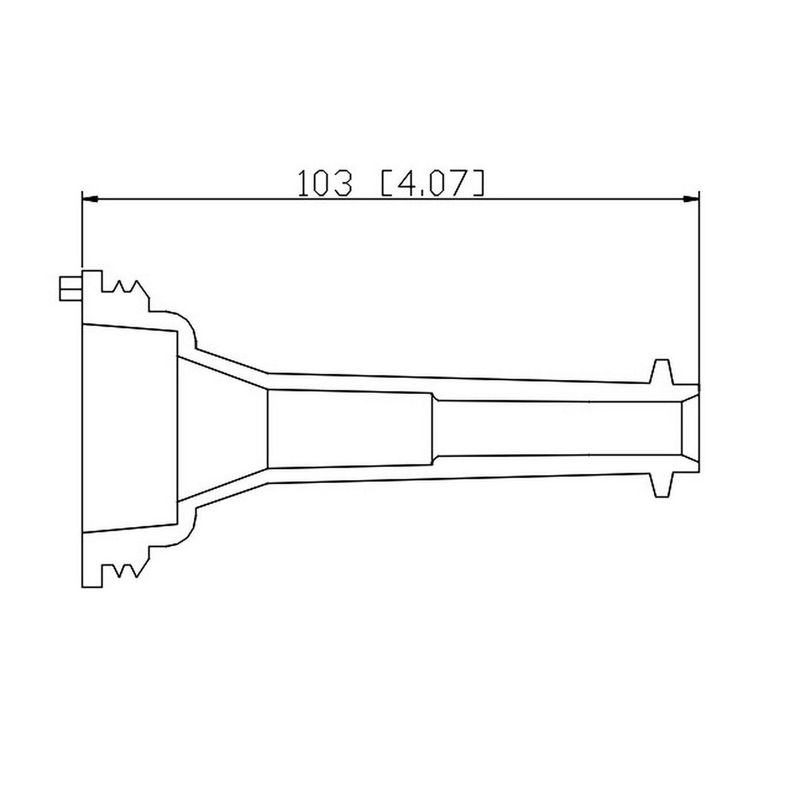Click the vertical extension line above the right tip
699,289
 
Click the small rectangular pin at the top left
70,289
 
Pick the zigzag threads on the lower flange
126,570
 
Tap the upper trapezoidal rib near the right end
661,371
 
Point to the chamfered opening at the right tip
691,428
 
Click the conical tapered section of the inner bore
223,428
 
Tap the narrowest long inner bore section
556,428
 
